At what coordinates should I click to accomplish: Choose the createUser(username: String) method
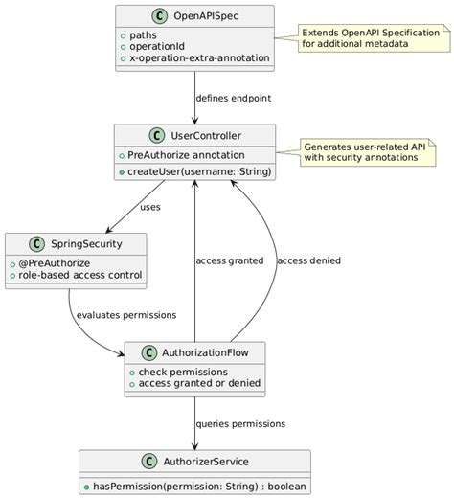[x=198, y=170]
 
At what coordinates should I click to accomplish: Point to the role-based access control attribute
[x=79, y=275]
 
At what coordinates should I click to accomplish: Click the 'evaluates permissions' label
[x=125, y=314]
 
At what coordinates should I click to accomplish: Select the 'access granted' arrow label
[x=229, y=260]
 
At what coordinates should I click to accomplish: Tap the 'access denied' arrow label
[x=308, y=260]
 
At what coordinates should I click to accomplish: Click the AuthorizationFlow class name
[x=206, y=352]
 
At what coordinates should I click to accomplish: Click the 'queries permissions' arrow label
[x=239, y=423]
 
